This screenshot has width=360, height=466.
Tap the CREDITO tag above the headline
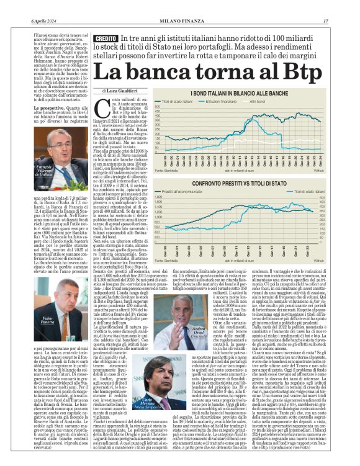tap(106, 39)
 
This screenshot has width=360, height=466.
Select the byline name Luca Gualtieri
tap(127, 91)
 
